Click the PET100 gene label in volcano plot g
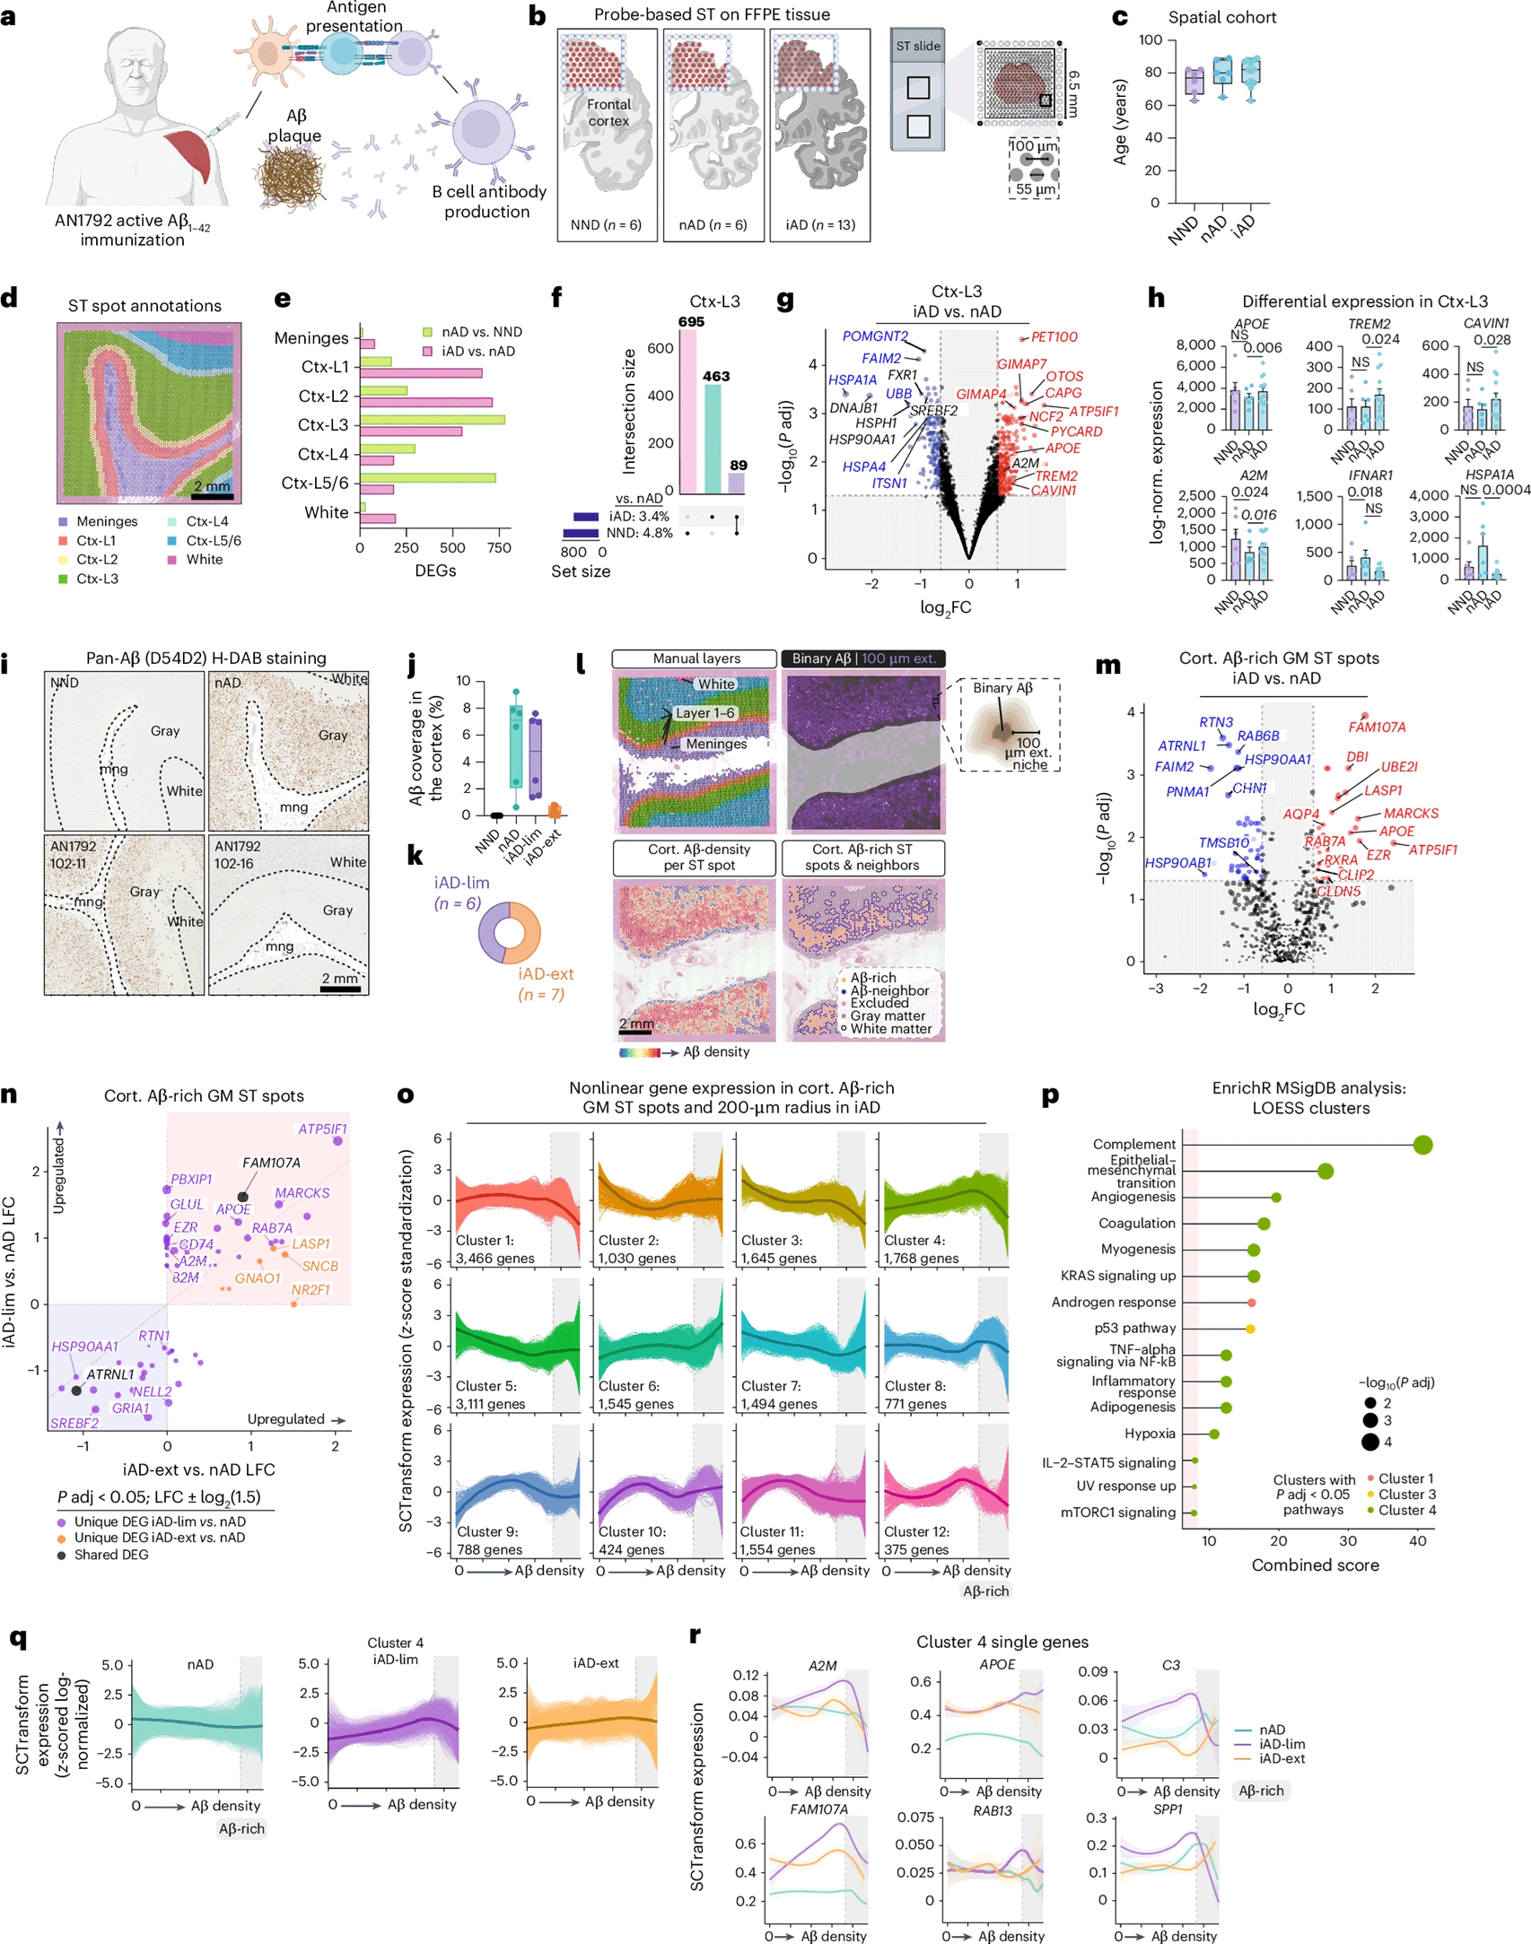[1054, 337]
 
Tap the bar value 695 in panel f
[690, 321]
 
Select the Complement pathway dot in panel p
[1422, 1145]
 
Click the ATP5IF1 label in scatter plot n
[322, 1129]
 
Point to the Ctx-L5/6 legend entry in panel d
[213, 541]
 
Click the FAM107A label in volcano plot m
[1376, 728]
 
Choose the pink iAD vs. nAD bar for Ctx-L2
[426, 402]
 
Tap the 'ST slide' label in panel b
[917, 46]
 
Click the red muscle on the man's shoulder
[188, 156]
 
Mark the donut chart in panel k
[509, 933]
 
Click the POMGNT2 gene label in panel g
[874, 336]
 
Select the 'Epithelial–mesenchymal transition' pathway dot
[1325, 1171]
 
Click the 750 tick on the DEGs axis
[498, 548]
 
